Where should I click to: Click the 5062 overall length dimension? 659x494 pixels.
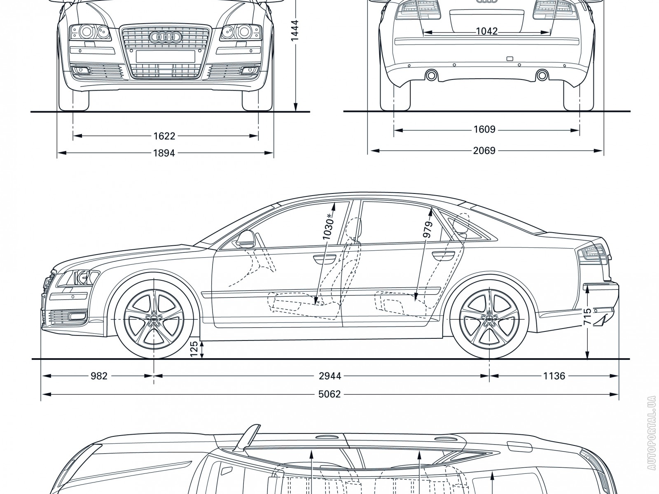coord(329,394)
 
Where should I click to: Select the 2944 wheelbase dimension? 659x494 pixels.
coord(330,375)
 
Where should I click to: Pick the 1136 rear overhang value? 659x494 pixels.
coord(554,375)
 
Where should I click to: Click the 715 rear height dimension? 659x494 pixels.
coord(588,317)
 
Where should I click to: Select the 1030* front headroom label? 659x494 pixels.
coord(328,227)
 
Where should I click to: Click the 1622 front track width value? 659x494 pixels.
coord(164,135)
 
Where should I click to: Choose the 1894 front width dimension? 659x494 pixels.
coord(164,153)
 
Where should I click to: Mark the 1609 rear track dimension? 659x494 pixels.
coord(484,130)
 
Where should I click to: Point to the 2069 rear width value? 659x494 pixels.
coord(484,151)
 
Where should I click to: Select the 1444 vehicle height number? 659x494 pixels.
coord(295,31)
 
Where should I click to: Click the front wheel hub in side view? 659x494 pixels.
coord(154,320)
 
